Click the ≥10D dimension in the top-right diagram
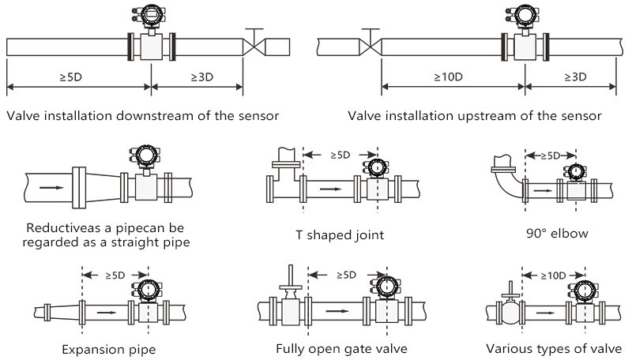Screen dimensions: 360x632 click(447, 77)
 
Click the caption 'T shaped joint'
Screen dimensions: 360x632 click(341, 234)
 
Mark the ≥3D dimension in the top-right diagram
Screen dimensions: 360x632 click(574, 77)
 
